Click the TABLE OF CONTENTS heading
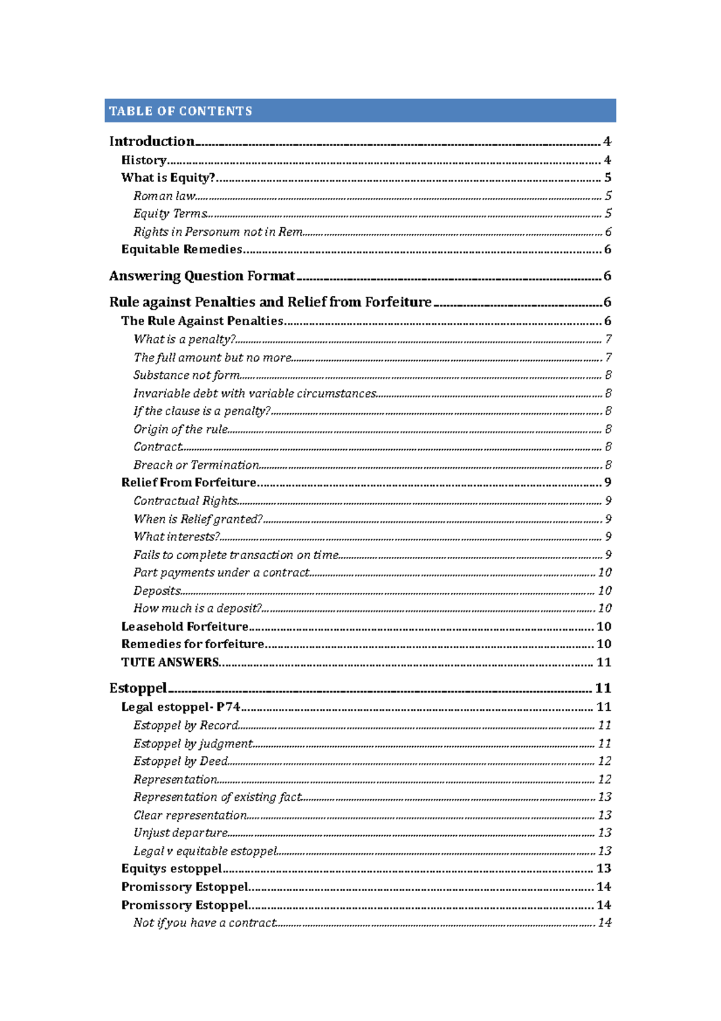coord(180,111)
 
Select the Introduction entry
coord(151,141)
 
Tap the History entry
coord(144,160)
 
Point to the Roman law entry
coord(164,196)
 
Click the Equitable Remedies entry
coord(181,250)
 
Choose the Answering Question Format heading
coord(202,276)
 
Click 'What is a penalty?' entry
coord(184,339)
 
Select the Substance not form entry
coord(186,375)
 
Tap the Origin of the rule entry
coord(180,429)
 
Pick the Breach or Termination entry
coord(196,465)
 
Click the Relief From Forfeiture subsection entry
coord(189,482)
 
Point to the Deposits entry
coord(157,590)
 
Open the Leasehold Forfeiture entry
coord(184,627)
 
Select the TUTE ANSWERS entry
coord(170,662)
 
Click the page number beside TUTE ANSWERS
coord(603,662)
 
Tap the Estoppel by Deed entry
coord(180,761)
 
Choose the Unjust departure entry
coord(180,833)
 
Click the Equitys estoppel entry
coord(171,868)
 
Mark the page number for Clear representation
coord(604,815)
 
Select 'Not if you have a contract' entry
coord(204,922)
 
